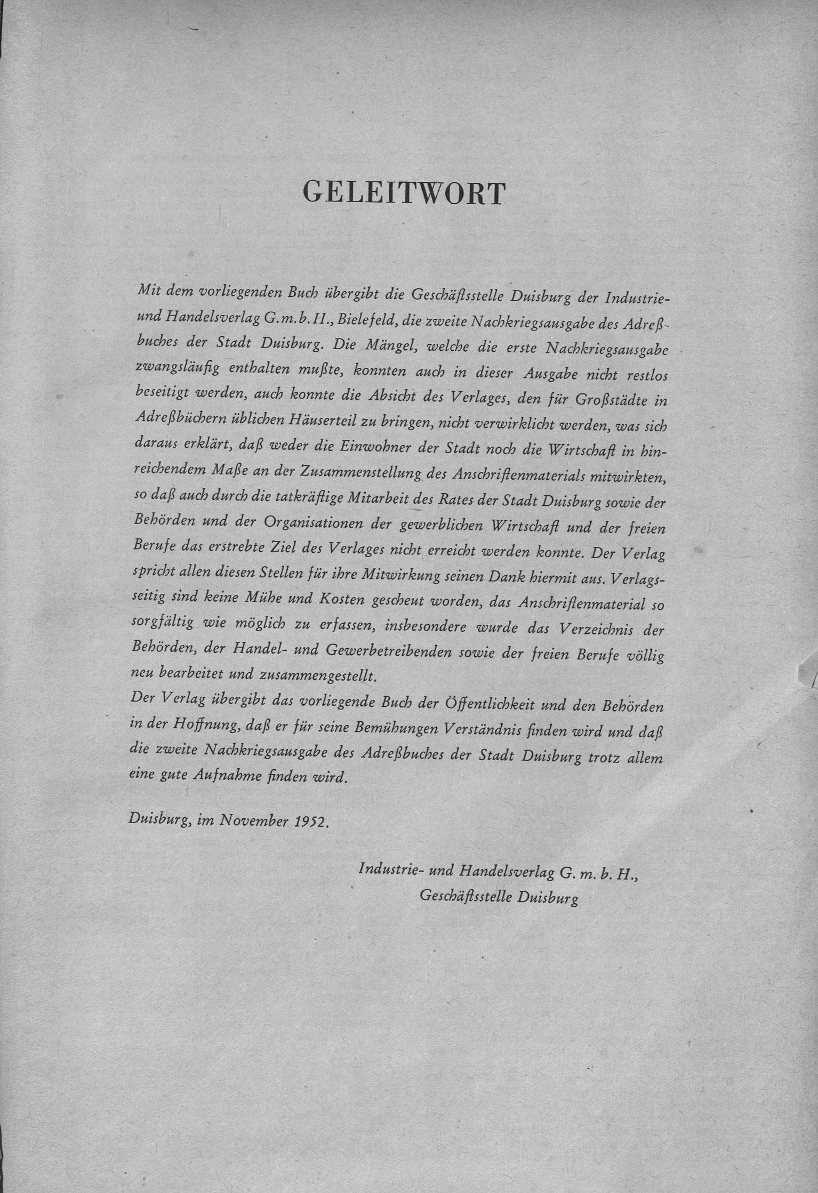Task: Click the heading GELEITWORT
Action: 403,194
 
